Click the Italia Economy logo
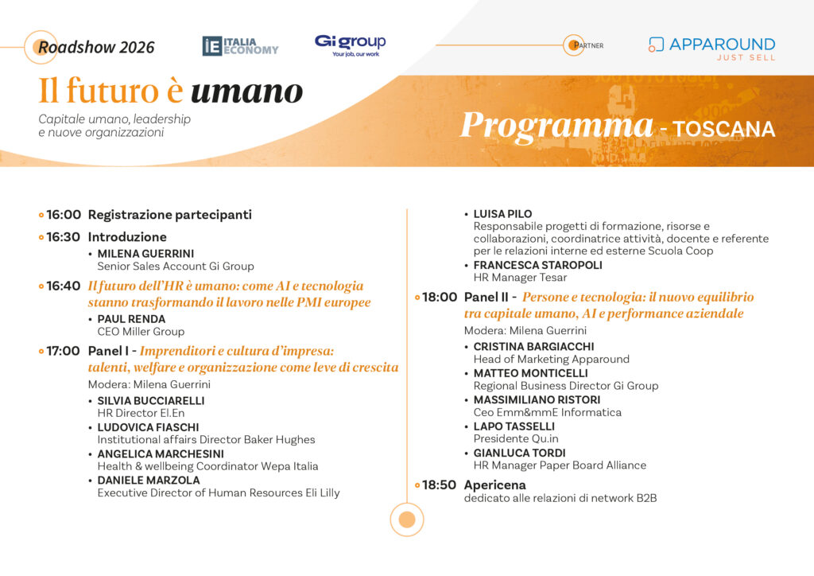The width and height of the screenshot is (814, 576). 240,45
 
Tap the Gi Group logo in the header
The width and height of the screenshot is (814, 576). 351,45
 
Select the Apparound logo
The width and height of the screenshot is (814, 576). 711,49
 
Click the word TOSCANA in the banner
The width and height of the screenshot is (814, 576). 724,130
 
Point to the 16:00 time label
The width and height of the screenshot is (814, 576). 64,215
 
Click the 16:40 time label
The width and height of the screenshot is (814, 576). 64,286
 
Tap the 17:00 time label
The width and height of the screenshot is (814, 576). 64,351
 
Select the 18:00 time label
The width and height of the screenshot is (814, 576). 440,297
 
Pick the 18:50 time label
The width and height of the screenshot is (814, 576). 439,485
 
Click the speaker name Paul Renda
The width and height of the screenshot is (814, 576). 131,319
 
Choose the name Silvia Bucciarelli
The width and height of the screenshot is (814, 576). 151,400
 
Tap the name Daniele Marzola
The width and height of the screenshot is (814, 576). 149,480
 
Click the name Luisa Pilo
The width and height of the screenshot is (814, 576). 502,214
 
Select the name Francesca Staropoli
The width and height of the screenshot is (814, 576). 538,265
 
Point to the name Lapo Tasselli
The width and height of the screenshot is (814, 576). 514,426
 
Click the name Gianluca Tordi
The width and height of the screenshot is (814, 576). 520,453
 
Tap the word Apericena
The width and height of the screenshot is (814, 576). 494,485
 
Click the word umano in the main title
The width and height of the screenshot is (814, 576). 246,91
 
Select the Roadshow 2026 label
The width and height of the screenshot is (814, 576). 96,47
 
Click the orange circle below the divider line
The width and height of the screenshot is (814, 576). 407,520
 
